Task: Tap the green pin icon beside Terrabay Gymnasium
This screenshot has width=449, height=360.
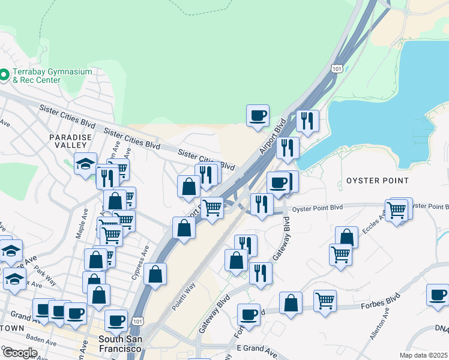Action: [x=4, y=75]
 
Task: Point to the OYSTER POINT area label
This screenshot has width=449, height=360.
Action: [x=377, y=181]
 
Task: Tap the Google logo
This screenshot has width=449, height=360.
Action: [x=19, y=353]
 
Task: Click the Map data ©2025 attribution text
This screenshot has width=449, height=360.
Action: [x=423, y=355]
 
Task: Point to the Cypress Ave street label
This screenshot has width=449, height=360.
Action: [x=145, y=258]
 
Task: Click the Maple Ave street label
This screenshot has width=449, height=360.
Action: [x=80, y=224]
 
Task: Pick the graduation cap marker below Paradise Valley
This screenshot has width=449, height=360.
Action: [x=85, y=163]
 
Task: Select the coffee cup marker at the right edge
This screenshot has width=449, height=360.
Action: [x=438, y=295]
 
